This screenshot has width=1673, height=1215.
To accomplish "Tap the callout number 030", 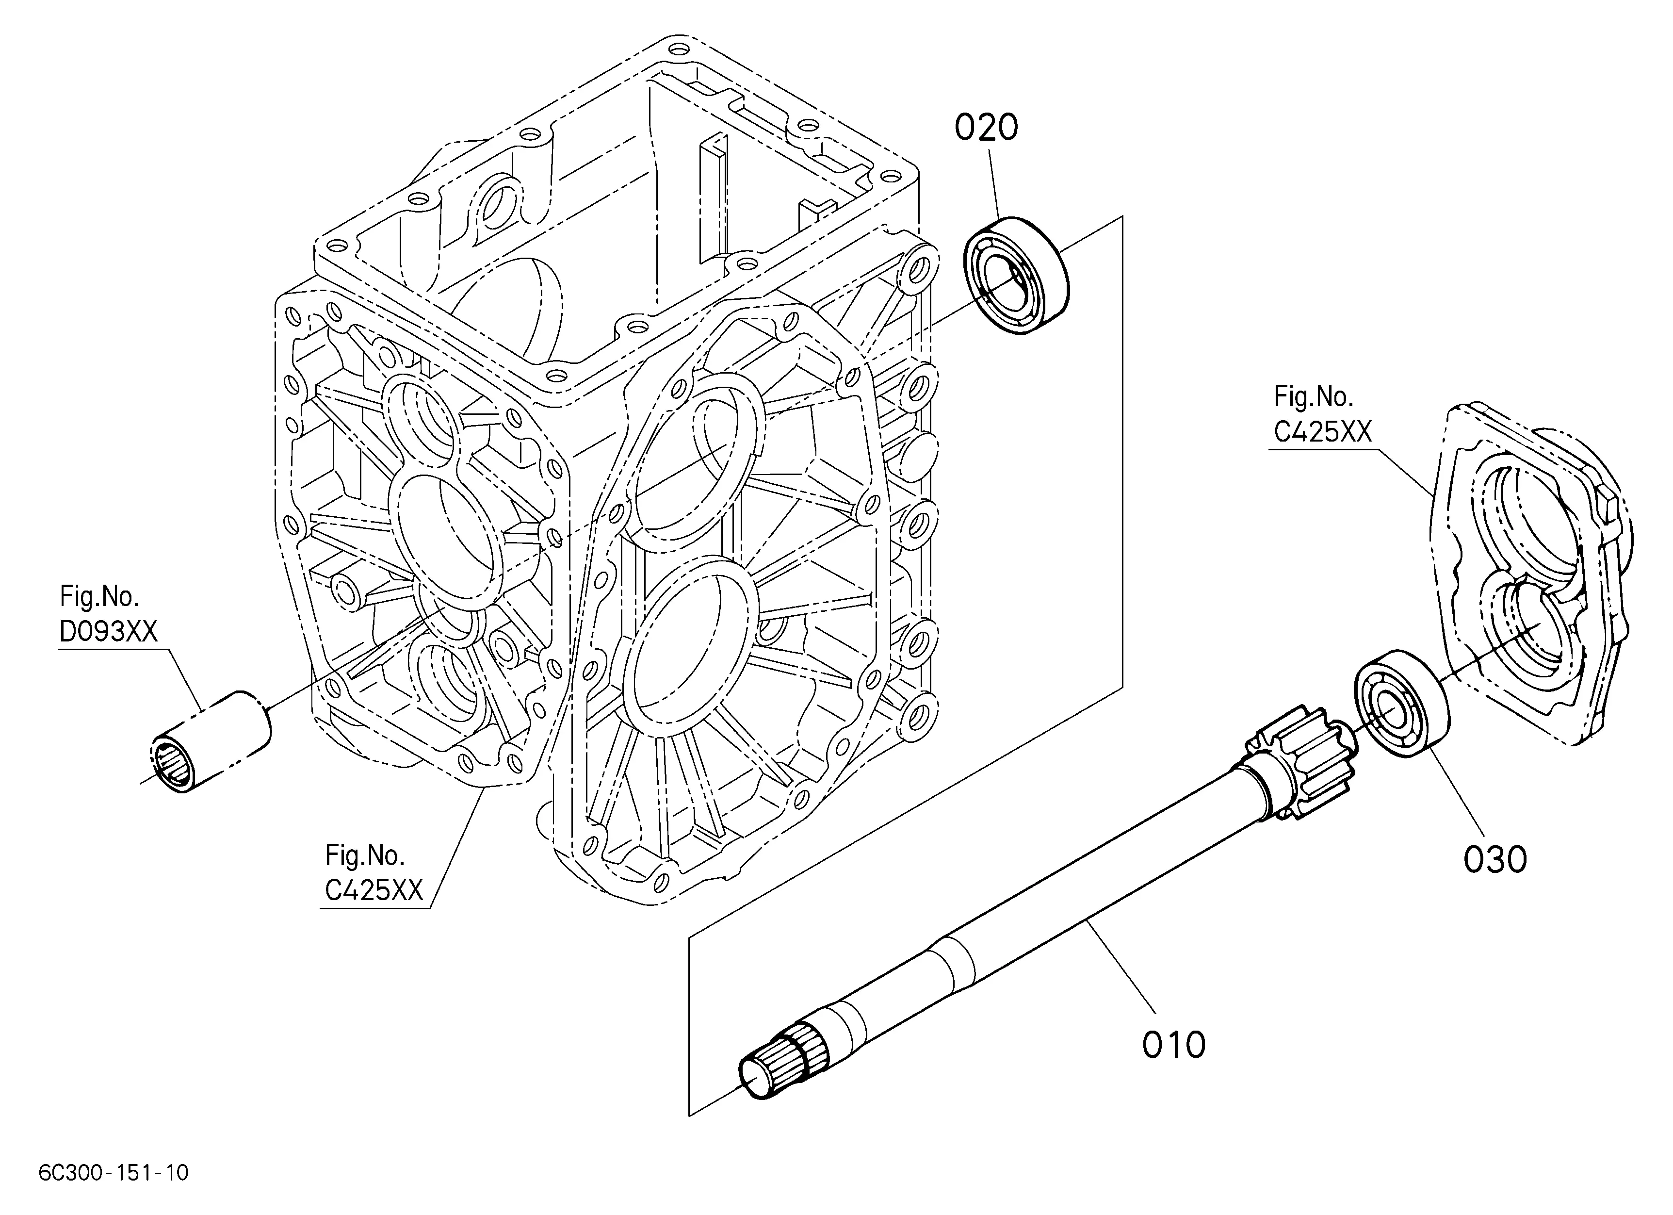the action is [1495, 860].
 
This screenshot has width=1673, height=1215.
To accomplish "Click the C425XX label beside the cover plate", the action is [1323, 431].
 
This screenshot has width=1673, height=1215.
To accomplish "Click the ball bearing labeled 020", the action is [1017, 275].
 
